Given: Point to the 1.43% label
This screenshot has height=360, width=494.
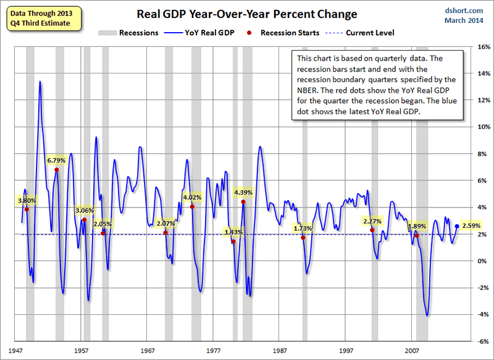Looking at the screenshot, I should click(x=233, y=232).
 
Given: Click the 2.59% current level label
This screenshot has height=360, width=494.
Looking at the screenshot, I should click(x=471, y=226).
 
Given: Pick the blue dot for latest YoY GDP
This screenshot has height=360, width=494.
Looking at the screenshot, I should click(x=457, y=226).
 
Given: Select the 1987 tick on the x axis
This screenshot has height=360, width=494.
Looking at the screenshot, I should click(x=280, y=350).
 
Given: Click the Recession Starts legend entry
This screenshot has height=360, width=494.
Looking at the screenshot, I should click(x=287, y=33).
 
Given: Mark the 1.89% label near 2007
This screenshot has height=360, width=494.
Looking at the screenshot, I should click(x=417, y=226).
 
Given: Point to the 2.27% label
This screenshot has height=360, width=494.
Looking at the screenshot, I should click(x=372, y=220).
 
